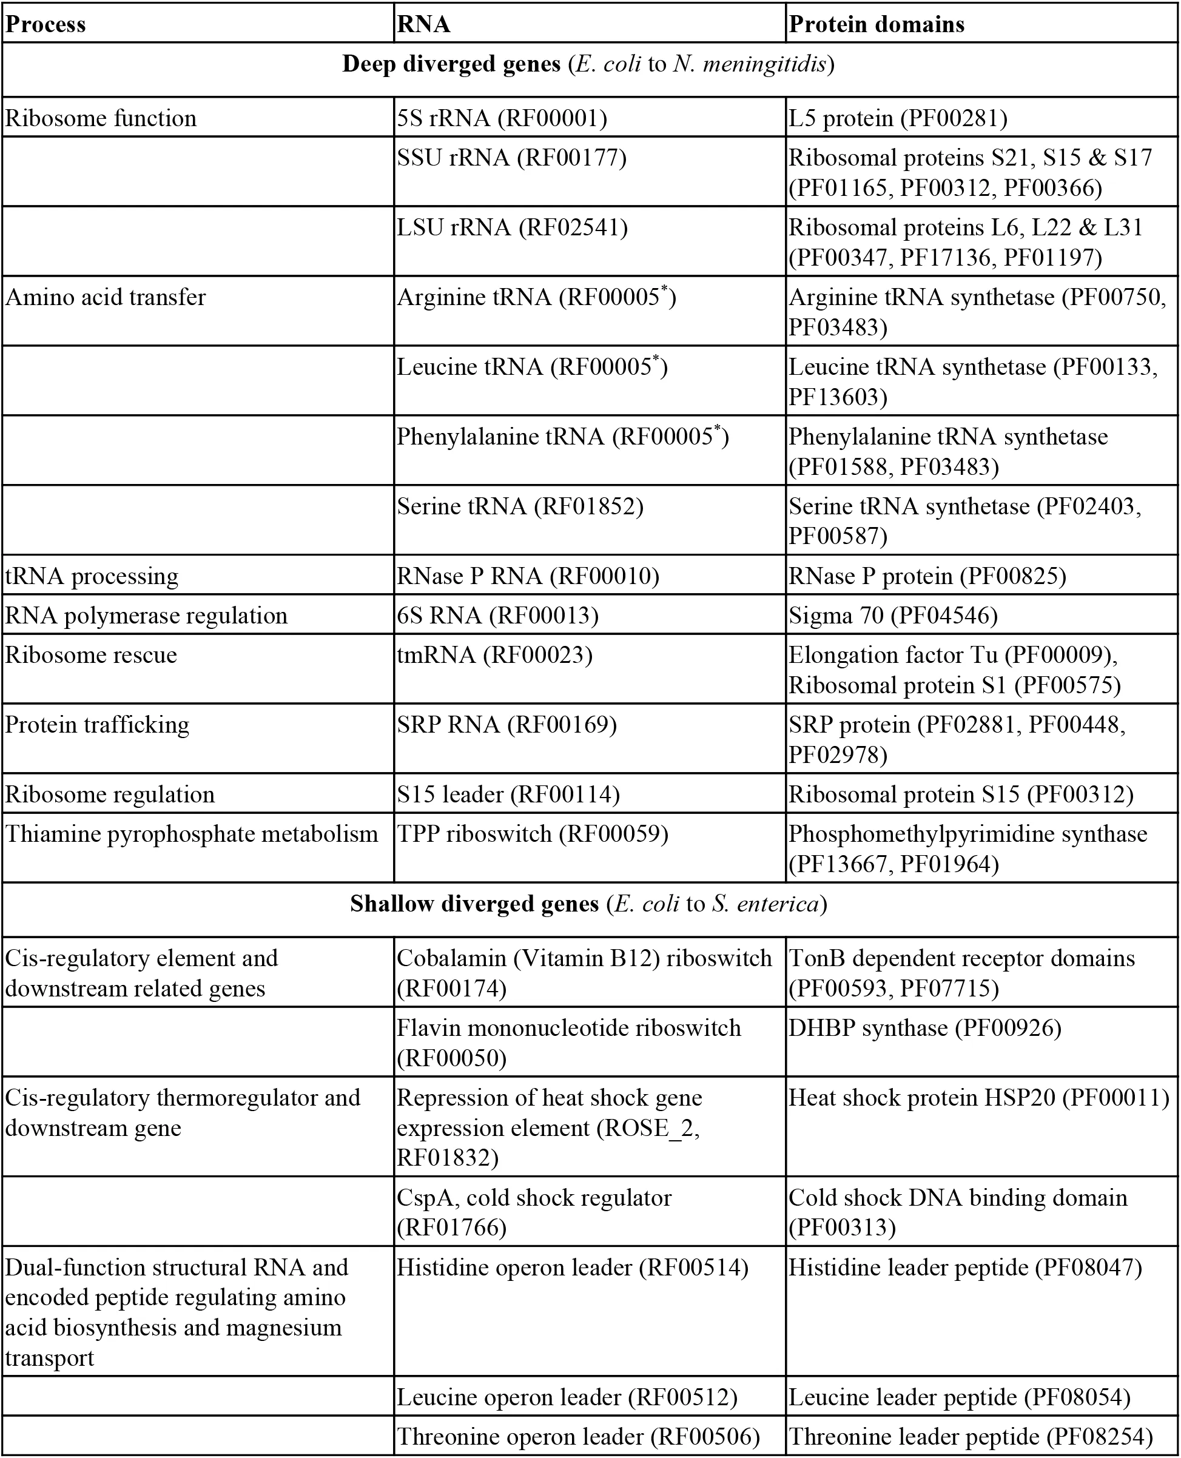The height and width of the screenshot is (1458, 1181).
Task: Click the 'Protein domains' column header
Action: (x=876, y=24)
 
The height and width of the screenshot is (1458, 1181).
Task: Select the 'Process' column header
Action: (x=45, y=24)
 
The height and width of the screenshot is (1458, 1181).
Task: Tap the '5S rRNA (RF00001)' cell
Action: (x=502, y=118)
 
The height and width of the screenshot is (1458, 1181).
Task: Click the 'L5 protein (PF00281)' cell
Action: (x=898, y=118)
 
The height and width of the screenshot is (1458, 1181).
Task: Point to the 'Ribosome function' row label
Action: (x=101, y=118)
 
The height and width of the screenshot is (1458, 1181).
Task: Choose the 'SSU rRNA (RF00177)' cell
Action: (x=511, y=158)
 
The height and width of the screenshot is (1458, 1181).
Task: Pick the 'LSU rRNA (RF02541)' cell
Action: (x=513, y=227)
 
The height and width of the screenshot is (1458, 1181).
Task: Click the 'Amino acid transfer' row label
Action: (x=106, y=297)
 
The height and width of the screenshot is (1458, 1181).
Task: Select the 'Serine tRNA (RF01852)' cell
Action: (x=520, y=506)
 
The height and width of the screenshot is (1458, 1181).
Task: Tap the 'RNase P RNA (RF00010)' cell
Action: (x=528, y=576)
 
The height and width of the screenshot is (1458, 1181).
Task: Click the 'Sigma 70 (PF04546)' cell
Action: (x=892, y=616)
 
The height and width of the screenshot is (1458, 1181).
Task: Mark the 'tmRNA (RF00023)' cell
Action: (x=494, y=655)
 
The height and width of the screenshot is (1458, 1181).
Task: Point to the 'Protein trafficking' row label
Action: (x=97, y=725)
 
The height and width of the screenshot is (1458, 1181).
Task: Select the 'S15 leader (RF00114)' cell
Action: (x=508, y=795)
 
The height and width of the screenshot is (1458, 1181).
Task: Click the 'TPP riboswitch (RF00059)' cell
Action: (x=533, y=834)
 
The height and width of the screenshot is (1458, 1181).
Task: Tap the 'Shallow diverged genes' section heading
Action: (x=589, y=904)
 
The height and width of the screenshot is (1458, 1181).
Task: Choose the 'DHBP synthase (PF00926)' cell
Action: (x=925, y=1027)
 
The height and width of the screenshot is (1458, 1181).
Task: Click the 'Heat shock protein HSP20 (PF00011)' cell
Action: (x=978, y=1098)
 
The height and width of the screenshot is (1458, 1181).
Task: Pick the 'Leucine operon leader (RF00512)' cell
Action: (x=567, y=1397)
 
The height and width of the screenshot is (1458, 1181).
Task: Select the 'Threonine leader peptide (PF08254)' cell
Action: (x=971, y=1437)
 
